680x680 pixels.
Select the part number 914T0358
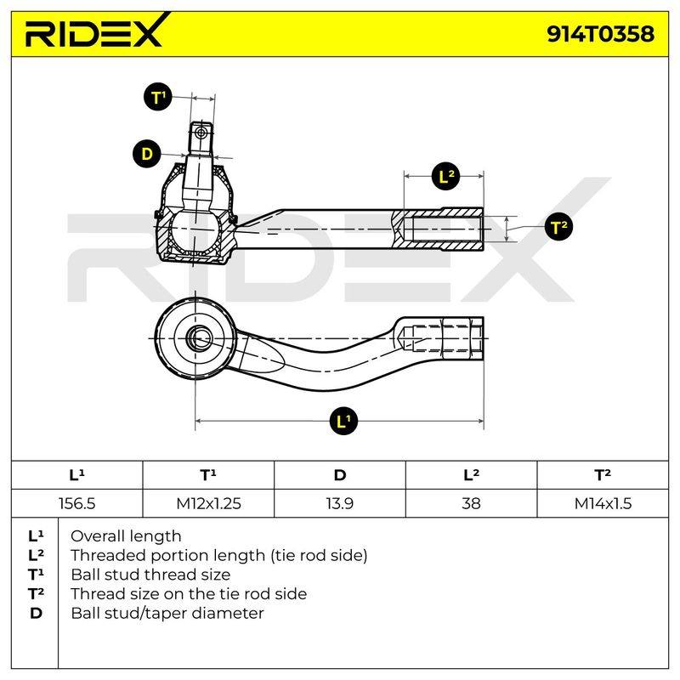[600, 34]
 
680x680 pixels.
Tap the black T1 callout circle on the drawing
[158, 97]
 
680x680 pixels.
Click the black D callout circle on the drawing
[146, 154]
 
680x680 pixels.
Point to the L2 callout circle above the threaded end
[447, 176]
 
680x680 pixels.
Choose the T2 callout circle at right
[558, 227]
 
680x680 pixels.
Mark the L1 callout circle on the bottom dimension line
[343, 420]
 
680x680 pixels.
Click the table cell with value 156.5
[76, 503]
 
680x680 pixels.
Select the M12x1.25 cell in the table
[208, 503]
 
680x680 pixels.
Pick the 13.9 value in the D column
[339, 503]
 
